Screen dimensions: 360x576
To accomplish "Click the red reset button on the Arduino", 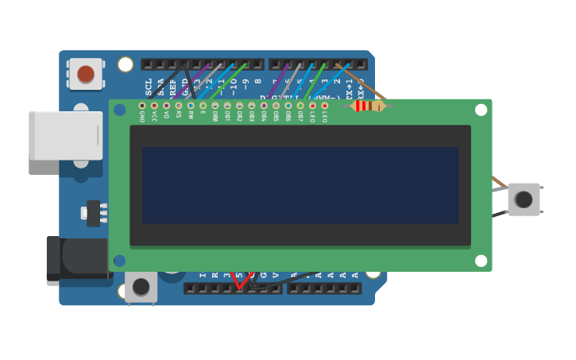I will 86,75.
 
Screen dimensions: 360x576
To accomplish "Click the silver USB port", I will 65,136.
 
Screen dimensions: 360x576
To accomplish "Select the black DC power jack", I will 76,259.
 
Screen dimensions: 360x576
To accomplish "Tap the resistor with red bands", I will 367,106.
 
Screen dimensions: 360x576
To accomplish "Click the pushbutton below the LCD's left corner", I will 141,287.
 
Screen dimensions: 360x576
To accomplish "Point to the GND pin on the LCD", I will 142,106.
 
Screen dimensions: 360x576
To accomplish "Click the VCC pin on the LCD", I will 154,106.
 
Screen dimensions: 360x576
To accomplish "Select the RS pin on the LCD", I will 179,106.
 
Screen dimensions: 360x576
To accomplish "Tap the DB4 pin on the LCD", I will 264,106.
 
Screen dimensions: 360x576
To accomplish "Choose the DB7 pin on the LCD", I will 300,106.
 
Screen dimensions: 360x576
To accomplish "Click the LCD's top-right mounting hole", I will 481,110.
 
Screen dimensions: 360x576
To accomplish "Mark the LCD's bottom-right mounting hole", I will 481,261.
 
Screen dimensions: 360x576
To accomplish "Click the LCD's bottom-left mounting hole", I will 120,261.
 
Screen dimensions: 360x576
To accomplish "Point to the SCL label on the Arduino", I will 149,86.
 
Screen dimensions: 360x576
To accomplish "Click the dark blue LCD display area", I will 300,185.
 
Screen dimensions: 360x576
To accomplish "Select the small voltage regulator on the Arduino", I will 94,213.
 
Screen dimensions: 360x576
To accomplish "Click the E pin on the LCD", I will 203,106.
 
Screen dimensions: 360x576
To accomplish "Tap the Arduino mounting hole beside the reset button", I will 126,64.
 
